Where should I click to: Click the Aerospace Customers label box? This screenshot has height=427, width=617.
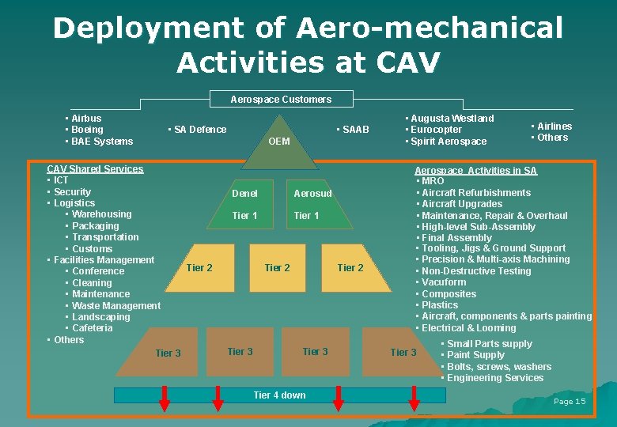pos(281,100)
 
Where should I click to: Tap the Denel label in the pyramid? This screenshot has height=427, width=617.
pos(244,194)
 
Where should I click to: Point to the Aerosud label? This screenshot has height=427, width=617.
pos(312,194)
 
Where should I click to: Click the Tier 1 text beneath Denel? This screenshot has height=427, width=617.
pos(244,216)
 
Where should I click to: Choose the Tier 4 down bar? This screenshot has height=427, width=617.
pos(279,395)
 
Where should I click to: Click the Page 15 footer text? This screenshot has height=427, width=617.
pos(570,402)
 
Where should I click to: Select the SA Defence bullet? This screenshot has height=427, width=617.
pos(200,130)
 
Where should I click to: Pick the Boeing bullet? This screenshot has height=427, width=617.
pos(87,130)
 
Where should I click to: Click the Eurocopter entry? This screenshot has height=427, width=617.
pos(435,130)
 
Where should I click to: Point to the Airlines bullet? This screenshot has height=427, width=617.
pos(554,126)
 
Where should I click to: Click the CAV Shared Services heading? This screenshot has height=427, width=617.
pos(95,169)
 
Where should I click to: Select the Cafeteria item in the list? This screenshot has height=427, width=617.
pos(92,328)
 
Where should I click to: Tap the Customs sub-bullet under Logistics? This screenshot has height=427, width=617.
pos(92,249)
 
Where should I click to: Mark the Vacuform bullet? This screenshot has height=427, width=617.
pos(444,282)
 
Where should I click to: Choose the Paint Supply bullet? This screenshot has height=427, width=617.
pos(475,355)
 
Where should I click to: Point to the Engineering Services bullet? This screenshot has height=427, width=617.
pos(495,378)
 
